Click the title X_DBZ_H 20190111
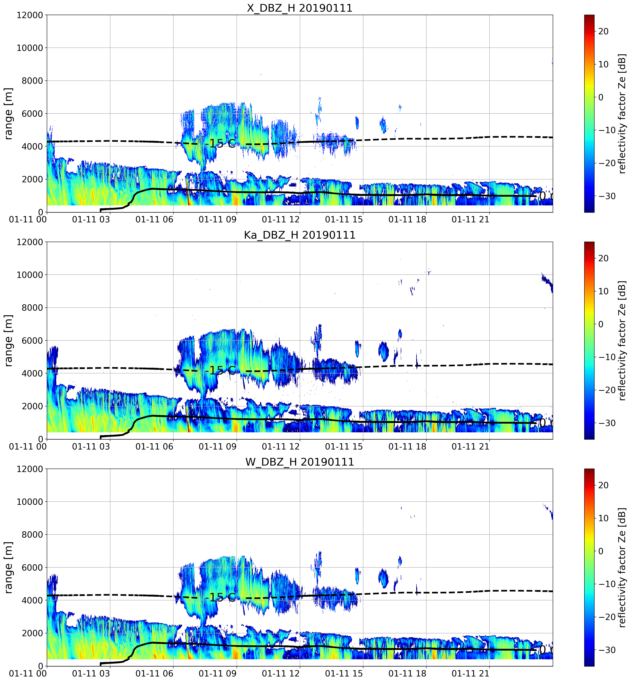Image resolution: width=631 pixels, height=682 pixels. tap(299, 8)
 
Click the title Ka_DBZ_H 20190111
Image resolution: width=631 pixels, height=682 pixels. tap(299, 235)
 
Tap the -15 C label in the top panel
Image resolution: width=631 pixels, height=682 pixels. tap(220, 144)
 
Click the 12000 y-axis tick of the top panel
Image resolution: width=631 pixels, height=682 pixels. tap(30, 15)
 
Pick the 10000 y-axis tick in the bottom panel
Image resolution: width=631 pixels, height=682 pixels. tap(30, 502)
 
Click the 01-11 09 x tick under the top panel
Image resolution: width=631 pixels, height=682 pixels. tap(217, 219)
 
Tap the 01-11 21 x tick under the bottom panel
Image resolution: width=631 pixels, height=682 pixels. tap(470, 673)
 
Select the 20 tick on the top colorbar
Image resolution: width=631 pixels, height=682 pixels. tap(603, 31)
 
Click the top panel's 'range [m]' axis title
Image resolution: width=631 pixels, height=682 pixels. tap(8, 113)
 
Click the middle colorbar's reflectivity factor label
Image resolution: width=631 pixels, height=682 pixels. tap(622, 340)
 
